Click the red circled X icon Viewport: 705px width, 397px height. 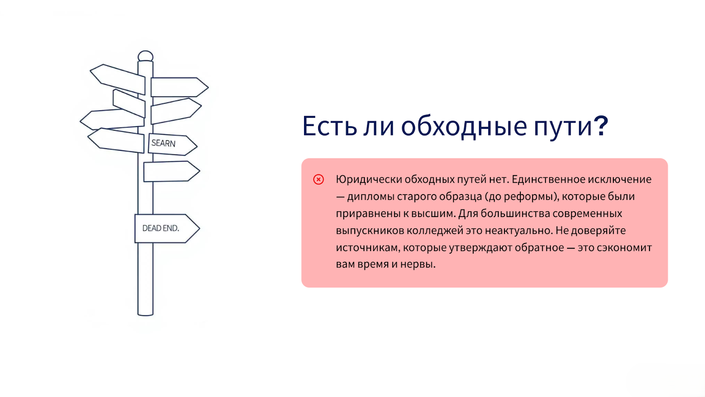pyautogui.click(x=319, y=180)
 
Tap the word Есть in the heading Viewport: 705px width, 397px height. pyautogui.click(x=330, y=126)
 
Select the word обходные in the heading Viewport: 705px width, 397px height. pyautogui.click(x=464, y=127)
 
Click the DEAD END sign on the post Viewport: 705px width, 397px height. pyautogui.click(x=167, y=228)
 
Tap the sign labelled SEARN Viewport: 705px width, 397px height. pyautogui.click(x=172, y=144)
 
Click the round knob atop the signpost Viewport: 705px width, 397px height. pyautogui.click(x=145, y=56)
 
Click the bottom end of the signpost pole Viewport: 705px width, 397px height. pyautogui.click(x=145, y=314)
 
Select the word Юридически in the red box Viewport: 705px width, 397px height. pyautogui.click(x=369, y=180)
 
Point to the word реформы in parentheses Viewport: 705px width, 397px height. pyautogui.click(x=528, y=197)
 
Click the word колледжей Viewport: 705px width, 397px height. pyautogui.click(x=435, y=231)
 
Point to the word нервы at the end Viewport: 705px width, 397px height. pyautogui.click(x=418, y=264)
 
